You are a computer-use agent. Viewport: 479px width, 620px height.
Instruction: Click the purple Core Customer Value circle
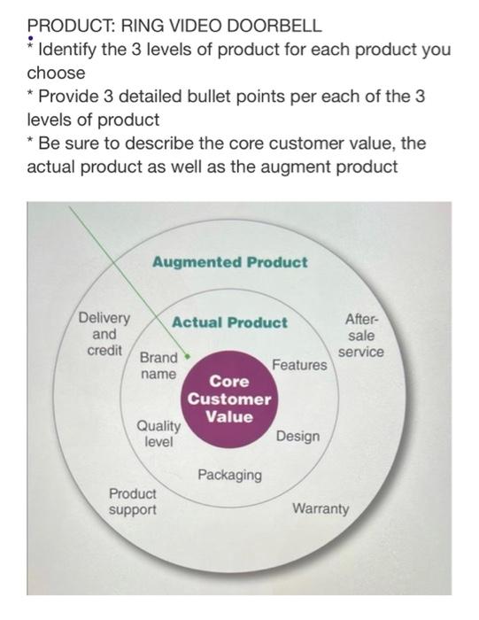(x=229, y=399)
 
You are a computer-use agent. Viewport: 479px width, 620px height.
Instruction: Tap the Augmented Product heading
(x=229, y=262)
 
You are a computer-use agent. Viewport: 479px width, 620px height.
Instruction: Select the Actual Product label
(x=229, y=322)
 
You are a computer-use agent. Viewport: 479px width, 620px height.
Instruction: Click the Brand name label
(x=158, y=367)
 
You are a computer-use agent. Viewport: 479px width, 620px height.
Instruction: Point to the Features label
(x=299, y=365)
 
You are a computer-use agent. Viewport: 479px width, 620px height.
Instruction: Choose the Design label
(x=297, y=437)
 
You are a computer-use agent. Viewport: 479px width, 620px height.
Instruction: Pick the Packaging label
(x=229, y=476)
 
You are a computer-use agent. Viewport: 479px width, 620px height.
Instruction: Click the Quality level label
(x=158, y=433)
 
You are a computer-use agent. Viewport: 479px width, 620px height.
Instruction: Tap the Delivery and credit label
(x=104, y=334)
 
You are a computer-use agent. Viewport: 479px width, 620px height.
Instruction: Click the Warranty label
(x=321, y=509)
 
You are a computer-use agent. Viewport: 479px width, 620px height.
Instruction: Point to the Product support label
(x=132, y=501)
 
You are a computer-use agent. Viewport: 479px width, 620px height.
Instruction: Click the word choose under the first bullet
(x=56, y=72)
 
